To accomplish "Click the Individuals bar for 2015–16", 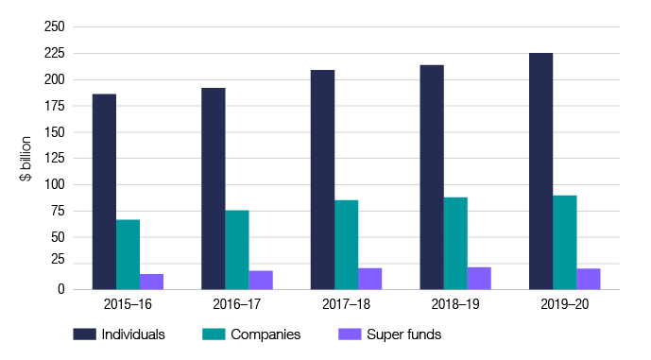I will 104,192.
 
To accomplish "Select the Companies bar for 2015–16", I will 128,254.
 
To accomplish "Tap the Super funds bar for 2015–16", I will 151,282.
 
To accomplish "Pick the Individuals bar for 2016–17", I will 213,188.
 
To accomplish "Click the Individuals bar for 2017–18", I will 322,180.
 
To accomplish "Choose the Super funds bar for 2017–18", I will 369,279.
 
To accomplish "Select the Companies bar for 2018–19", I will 455,243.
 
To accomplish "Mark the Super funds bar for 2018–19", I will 479,278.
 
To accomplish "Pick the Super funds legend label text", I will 404,334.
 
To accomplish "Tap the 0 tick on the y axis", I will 59,289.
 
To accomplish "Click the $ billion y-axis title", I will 26,158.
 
